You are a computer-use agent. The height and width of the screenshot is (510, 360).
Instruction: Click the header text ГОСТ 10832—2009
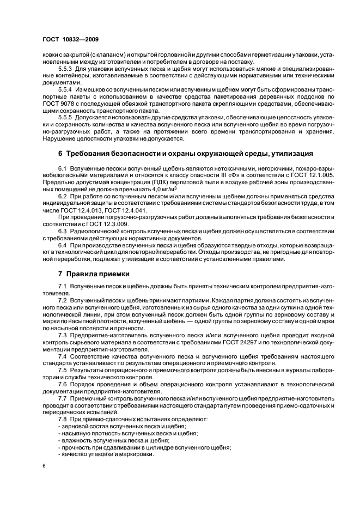pyautogui.click(x=68, y=40)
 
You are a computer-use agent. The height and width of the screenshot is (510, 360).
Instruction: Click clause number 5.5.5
pyautogui.click(x=66, y=118)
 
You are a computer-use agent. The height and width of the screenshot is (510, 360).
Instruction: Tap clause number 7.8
pyautogui.click(x=63, y=419)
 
